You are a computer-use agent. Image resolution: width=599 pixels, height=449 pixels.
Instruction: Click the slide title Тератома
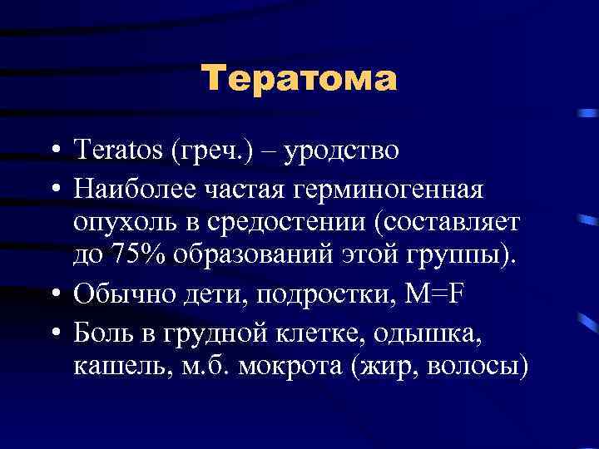pyautogui.click(x=299, y=80)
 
